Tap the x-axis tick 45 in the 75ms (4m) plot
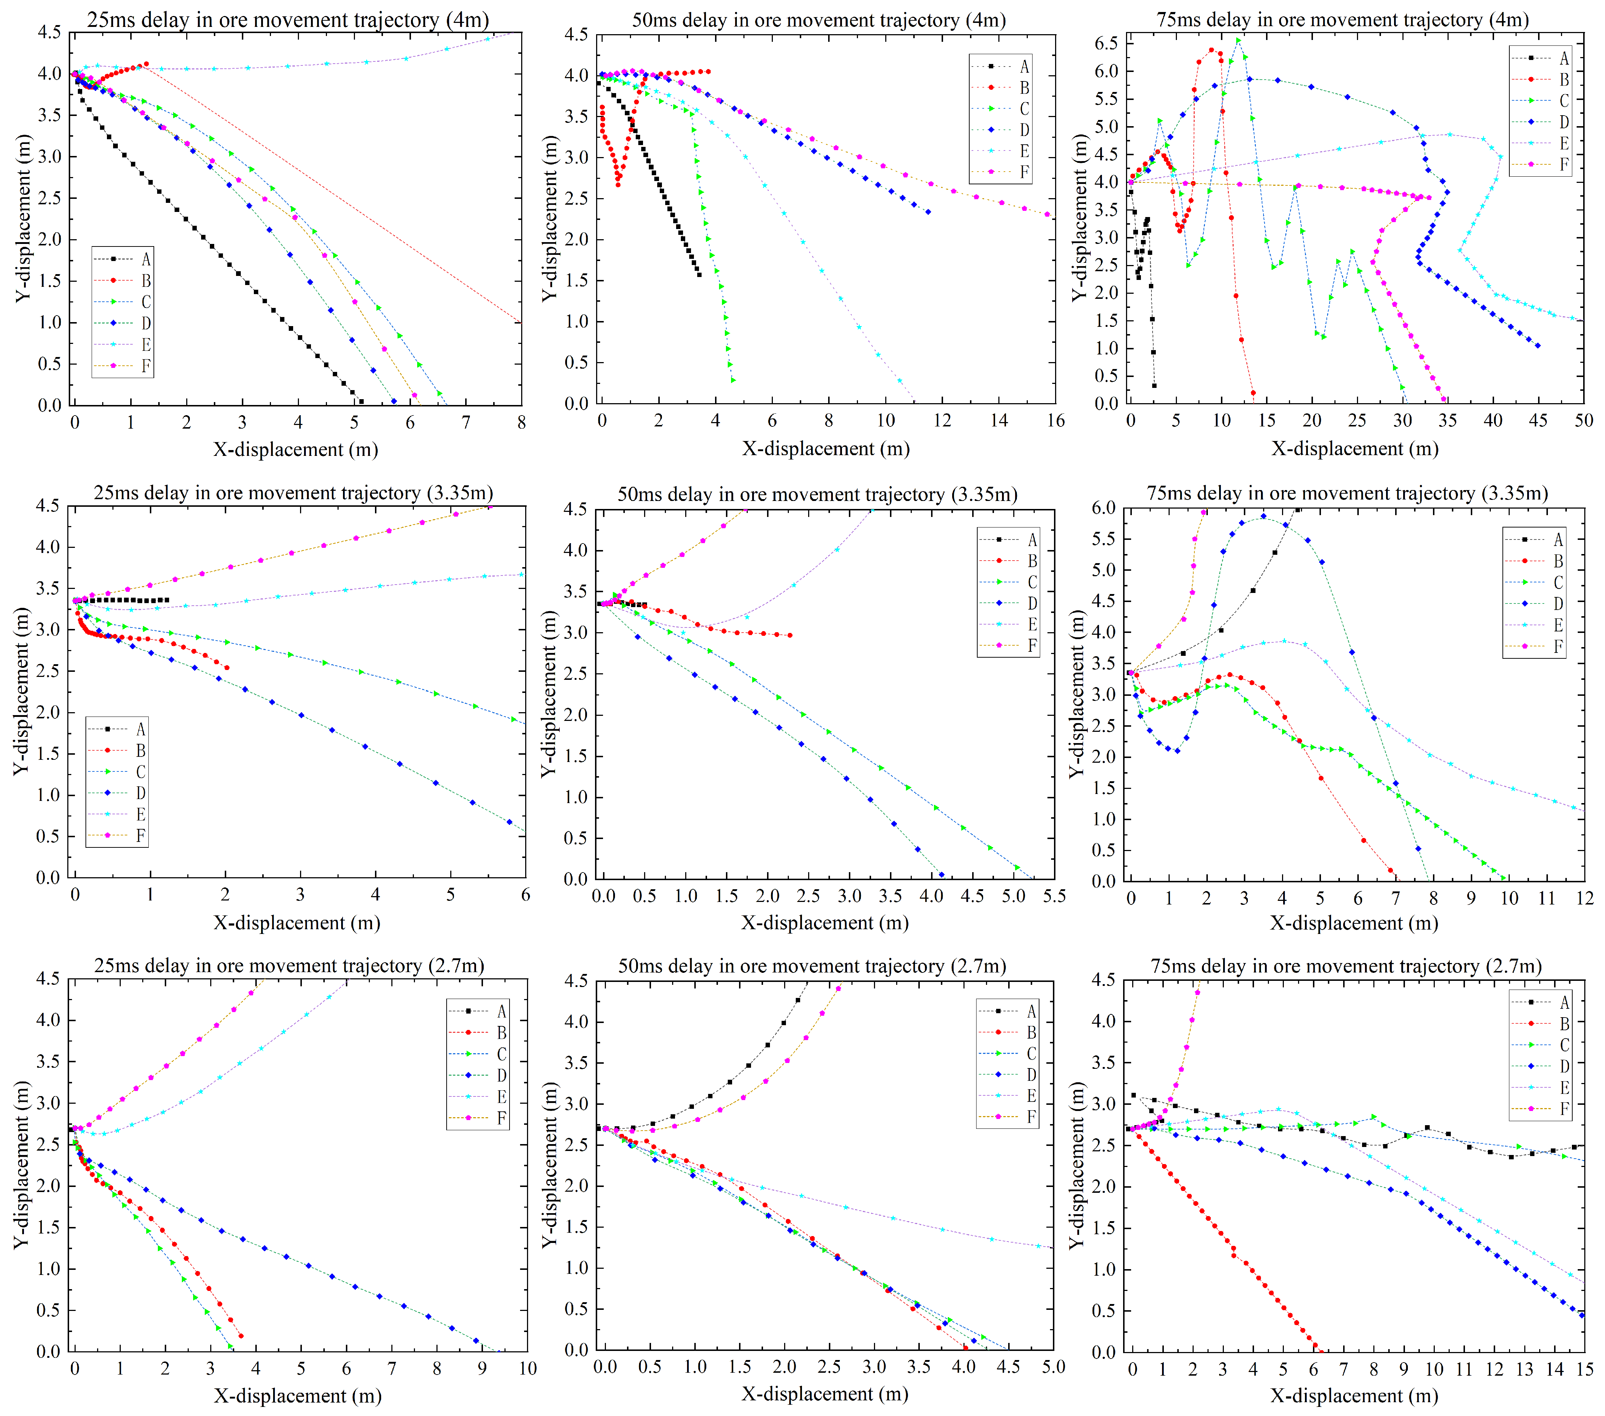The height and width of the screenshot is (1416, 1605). pyautogui.click(x=1537, y=421)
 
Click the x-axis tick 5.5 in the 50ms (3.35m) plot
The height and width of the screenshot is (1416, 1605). pyautogui.click(x=1054, y=896)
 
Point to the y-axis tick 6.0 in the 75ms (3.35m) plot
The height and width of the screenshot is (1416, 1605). pyautogui.click(x=1103, y=508)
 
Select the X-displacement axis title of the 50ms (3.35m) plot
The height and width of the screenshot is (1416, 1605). pyautogui.click(x=825, y=923)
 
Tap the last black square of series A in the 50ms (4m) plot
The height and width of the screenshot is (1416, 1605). pyautogui.click(x=699, y=274)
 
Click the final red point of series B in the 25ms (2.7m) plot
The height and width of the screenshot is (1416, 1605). pyautogui.click(x=240, y=1336)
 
